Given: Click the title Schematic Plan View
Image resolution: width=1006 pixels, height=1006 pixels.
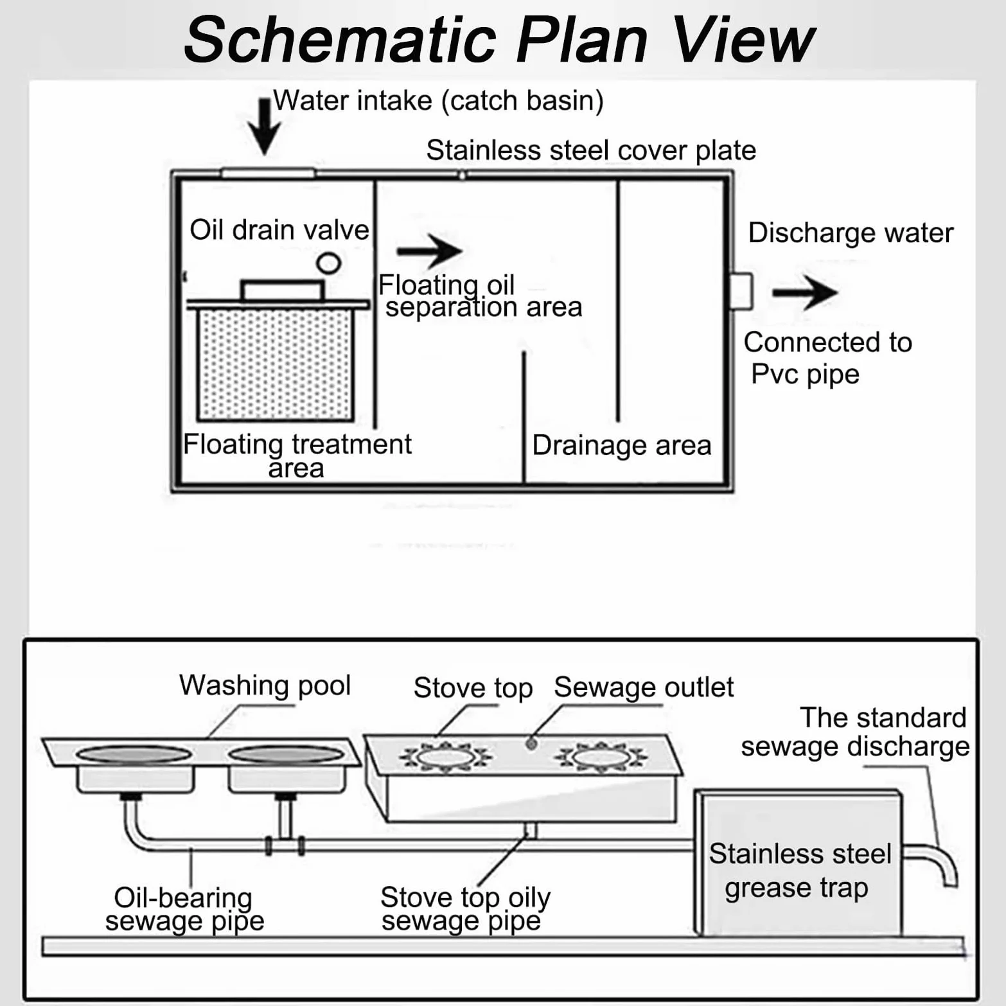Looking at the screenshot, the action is click(x=499, y=40).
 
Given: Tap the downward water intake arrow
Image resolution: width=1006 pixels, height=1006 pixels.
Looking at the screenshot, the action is click(x=264, y=127).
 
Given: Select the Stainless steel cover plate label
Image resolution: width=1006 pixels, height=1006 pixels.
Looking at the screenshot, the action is click(x=591, y=150).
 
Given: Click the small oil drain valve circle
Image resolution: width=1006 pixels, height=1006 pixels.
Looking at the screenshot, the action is click(x=328, y=262).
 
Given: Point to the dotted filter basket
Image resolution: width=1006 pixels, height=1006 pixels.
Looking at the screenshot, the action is click(x=276, y=364).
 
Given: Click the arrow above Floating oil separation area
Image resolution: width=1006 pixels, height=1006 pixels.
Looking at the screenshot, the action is click(x=429, y=251).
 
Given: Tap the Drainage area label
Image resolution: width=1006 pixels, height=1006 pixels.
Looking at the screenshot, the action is click(x=622, y=445).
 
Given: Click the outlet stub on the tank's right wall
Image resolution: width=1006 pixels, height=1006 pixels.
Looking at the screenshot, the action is click(x=742, y=291).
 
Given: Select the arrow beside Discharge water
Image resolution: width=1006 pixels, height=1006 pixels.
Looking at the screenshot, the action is click(x=805, y=292).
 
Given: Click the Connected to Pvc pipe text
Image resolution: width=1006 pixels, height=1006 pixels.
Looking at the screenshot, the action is click(x=827, y=358).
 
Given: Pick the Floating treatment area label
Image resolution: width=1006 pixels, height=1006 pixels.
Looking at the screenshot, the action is click(x=297, y=455).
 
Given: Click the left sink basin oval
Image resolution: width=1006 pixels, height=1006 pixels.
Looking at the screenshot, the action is click(x=134, y=754).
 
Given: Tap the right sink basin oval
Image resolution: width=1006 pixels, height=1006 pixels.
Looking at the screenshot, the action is click(x=287, y=754).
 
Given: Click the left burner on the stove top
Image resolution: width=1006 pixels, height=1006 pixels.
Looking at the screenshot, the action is click(x=445, y=757).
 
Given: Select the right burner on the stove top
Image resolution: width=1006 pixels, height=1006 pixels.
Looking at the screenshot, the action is click(x=601, y=757).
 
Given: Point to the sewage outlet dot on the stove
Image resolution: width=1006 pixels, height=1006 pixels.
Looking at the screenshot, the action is click(x=531, y=743).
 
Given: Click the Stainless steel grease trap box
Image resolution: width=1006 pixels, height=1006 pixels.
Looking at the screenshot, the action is click(x=799, y=863).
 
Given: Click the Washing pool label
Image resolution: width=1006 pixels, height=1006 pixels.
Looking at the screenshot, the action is click(x=265, y=685).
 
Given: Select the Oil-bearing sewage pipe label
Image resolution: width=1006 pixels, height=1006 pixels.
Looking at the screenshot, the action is click(x=184, y=908).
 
